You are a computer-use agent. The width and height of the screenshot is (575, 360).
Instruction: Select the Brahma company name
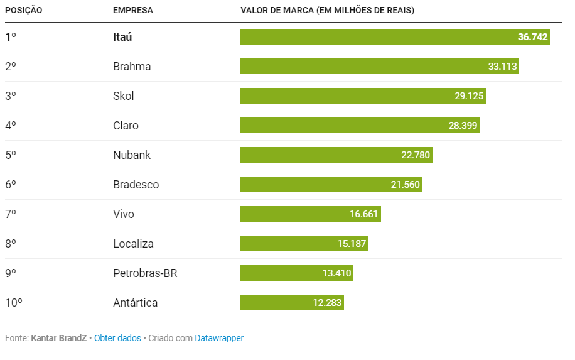132,67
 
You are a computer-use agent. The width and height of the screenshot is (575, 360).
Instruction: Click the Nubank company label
132,155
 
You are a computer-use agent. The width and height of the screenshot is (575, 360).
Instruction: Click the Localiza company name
133,244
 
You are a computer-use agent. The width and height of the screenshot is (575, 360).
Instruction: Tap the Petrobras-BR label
145,273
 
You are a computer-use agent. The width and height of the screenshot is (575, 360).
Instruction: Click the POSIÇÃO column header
24,11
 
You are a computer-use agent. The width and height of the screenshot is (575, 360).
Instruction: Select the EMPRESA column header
132,11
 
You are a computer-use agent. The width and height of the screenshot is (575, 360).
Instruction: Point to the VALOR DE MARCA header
327,11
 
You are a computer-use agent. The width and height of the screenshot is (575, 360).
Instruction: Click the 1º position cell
11,37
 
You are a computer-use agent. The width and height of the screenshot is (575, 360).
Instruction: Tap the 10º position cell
14,303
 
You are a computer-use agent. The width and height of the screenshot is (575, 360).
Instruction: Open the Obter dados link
117,338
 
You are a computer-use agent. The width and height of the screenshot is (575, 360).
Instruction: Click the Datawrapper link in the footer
219,338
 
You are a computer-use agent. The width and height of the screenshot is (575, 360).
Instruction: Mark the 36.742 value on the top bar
533,37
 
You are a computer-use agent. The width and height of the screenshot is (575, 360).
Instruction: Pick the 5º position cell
11,155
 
